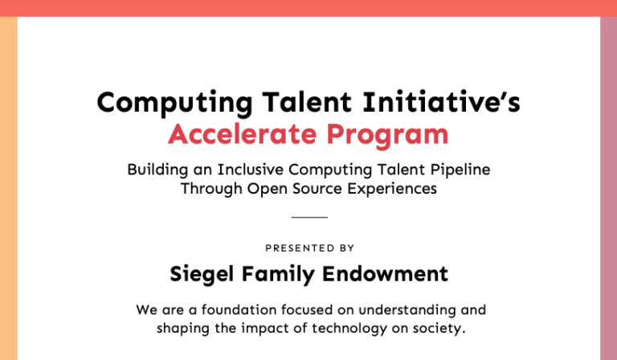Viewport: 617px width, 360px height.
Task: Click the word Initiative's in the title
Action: (x=442, y=102)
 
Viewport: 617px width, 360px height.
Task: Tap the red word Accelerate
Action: (x=243, y=134)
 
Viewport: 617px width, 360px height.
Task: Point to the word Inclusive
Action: (x=251, y=170)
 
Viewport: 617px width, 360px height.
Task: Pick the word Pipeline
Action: (x=460, y=170)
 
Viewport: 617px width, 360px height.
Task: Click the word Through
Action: (x=211, y=189)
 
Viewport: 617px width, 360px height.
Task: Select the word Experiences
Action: (x=392, y=189)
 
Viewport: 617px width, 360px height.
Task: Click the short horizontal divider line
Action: (x=309, y=217)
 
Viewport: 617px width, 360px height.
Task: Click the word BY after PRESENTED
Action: (x=346, y=247)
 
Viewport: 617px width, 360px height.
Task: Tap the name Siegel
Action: (x=202, y=274)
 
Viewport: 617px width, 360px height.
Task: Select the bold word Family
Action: (x=278, y=274)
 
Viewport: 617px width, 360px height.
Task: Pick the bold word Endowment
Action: (x=386, y=273)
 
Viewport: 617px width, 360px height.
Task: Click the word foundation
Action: (x=239, y=309)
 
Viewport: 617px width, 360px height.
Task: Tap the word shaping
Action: (x=183, y=329)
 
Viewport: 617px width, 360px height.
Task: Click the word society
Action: (x=439, y=329)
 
